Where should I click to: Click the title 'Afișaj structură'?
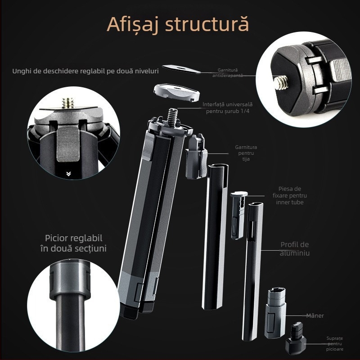tap(177, 25)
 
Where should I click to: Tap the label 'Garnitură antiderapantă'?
tap(227, 72)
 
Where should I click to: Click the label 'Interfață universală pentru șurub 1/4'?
tap(227, 108)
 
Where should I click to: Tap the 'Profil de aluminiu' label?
tap(294, 248)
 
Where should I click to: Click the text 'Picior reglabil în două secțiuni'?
tap(76, 243)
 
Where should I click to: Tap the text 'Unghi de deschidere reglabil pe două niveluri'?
tap(85, 71)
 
